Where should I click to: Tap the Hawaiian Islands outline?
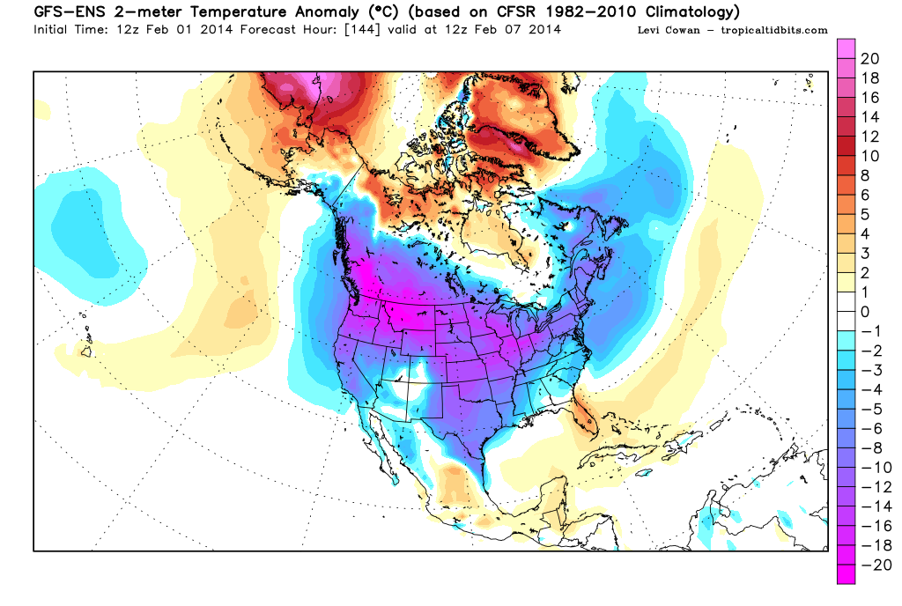point(85,350)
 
